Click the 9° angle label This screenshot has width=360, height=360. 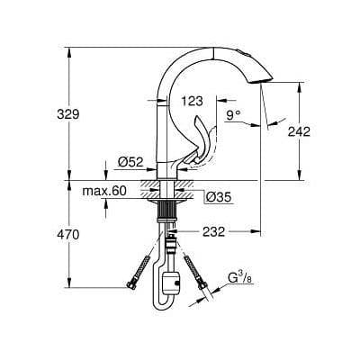[234, 114]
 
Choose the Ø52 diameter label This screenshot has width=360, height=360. [130, 161]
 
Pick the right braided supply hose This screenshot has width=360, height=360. [193, 271]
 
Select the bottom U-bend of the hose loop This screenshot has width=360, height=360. [168, 306]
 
